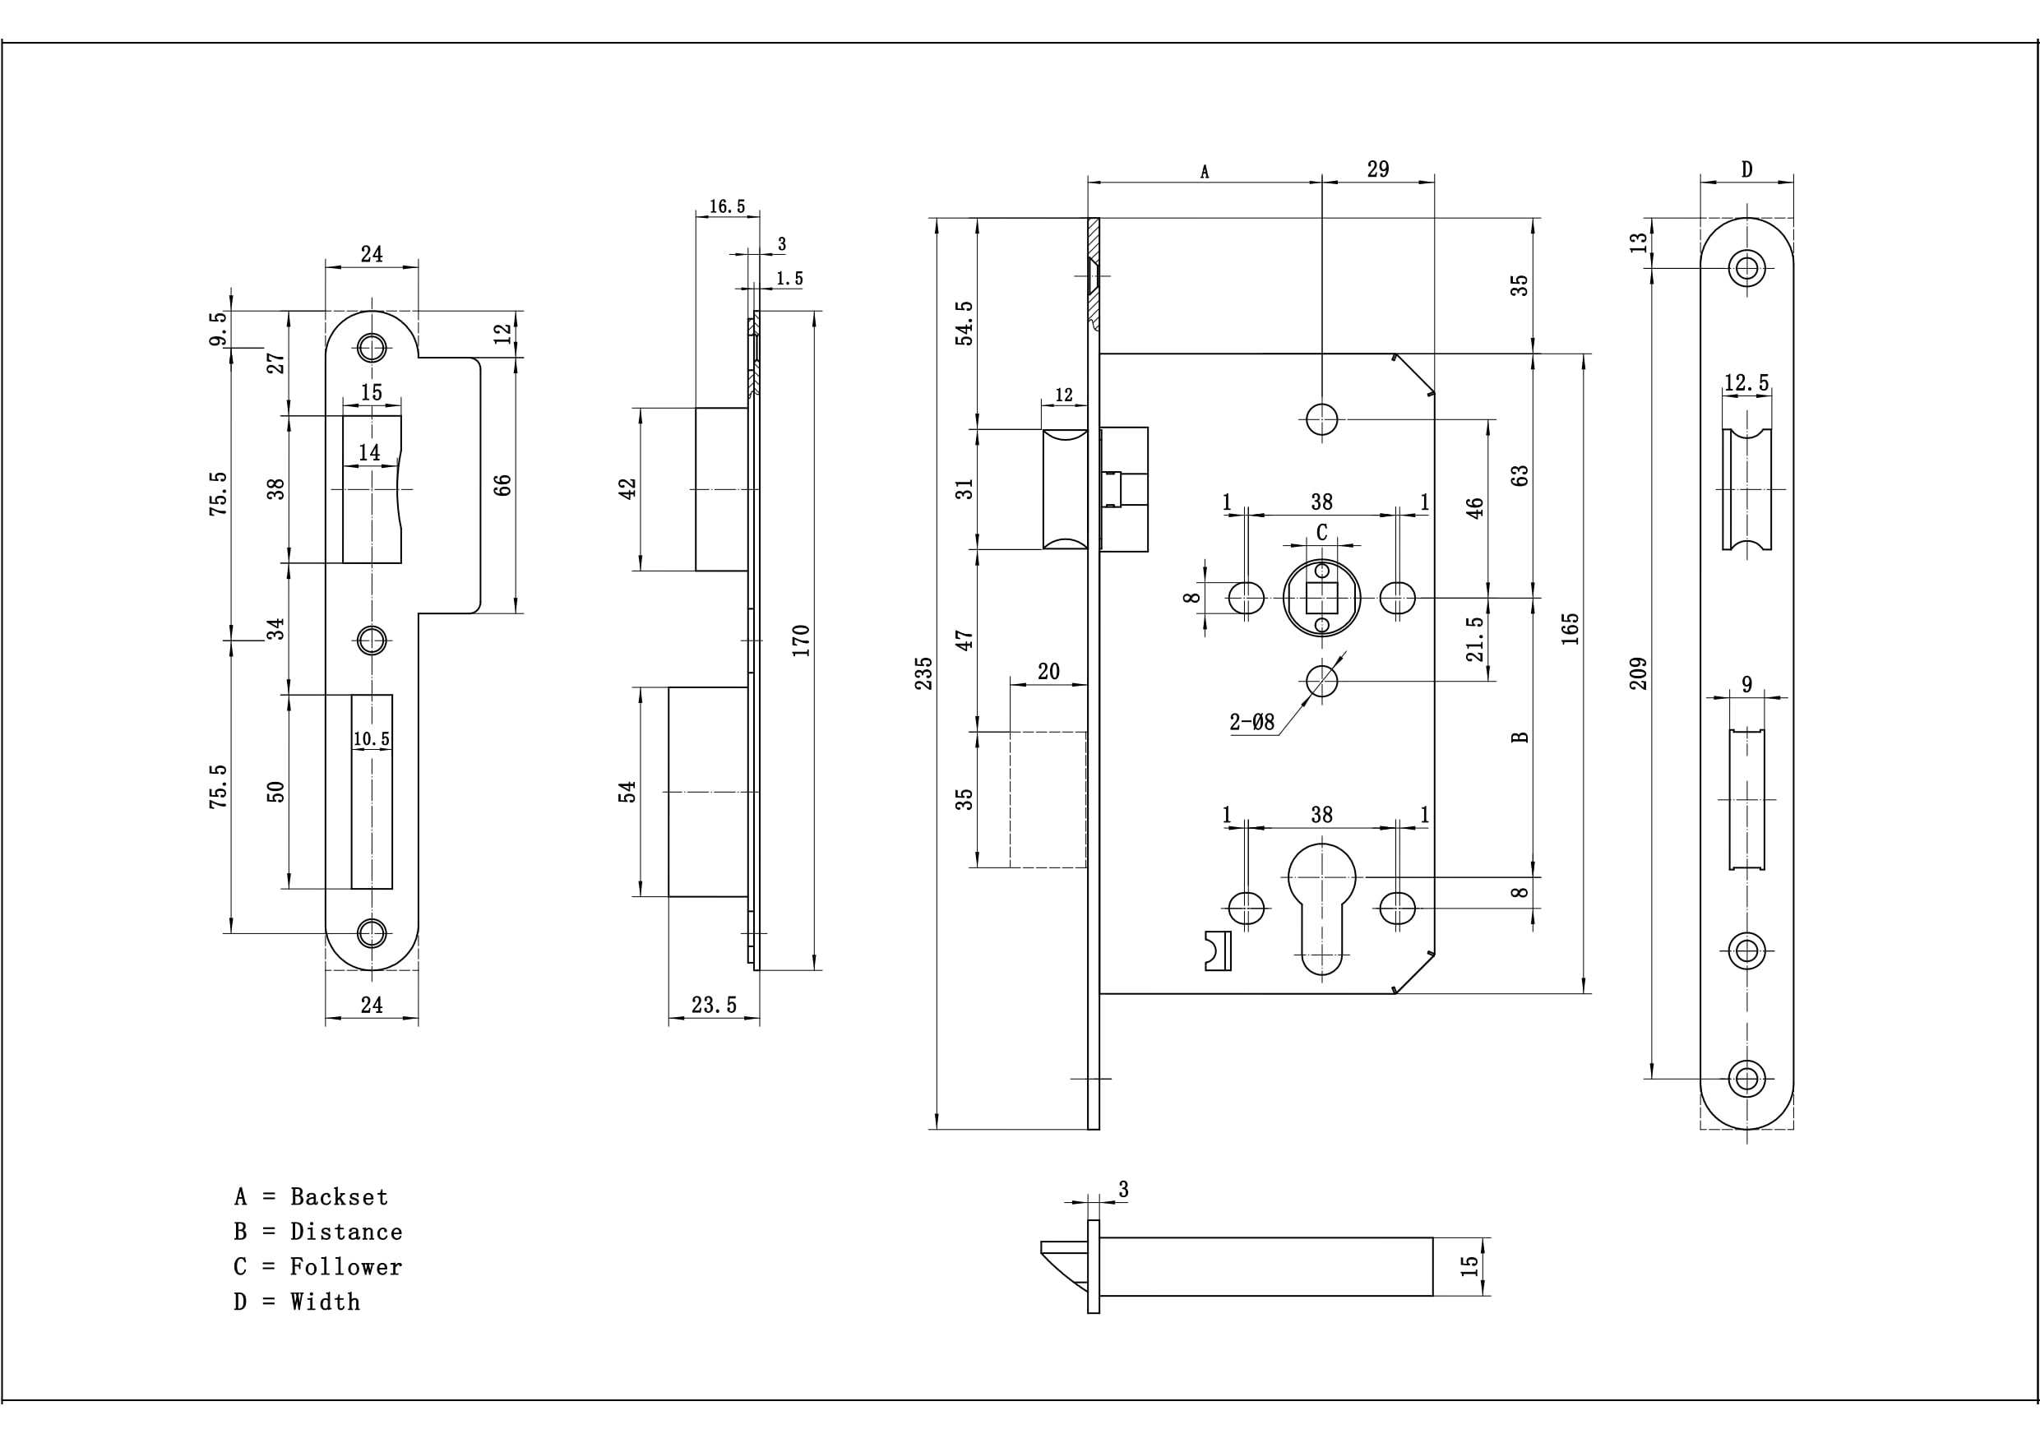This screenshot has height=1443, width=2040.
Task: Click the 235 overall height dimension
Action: pos(924,673)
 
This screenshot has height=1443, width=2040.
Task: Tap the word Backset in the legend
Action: pos(339,1197)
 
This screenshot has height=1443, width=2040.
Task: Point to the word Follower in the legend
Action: pos(345,1267)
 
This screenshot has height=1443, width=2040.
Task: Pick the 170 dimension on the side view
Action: pos(801,641)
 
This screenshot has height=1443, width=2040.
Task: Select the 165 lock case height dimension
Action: pos(1570,628)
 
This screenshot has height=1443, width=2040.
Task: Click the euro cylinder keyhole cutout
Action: pos(1321,906)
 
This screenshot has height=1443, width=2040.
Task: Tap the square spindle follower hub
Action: pos(1321,598)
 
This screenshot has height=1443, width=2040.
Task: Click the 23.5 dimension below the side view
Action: pos(714,1005)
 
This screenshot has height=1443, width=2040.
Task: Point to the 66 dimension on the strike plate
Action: pos(503,485)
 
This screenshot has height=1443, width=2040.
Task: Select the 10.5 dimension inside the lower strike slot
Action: pos(372,738)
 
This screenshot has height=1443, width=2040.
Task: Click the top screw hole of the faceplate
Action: pos(1746,267)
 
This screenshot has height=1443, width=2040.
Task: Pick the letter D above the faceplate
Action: pos(1746,169)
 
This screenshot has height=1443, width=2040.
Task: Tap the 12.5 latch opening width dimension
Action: pos(1746,383)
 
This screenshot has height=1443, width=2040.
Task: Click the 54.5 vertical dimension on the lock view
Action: pos(964,322)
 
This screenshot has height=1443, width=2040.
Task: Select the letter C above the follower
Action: pos(1321,532)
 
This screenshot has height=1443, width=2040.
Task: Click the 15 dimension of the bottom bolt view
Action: pos(1469,1265)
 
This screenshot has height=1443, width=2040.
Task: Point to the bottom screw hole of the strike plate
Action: pos(372,933)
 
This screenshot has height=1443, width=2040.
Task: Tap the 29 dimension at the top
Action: pos(1377,169)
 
